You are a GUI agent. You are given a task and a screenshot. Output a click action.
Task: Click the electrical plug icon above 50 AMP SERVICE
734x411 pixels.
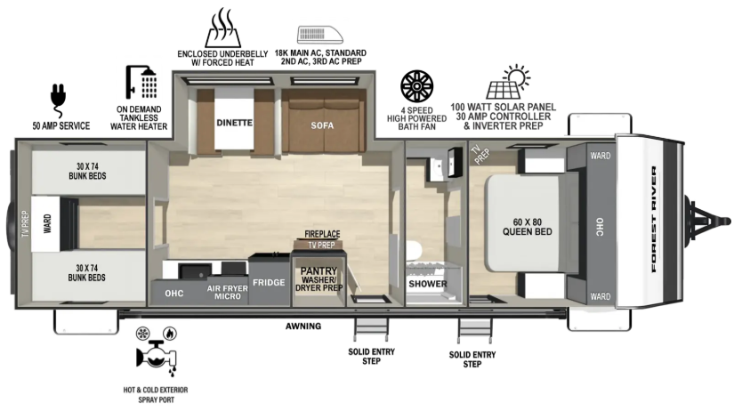[x=58, y=101]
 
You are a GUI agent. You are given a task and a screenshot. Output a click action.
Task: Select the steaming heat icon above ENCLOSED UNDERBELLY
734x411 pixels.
[x=222, y=28]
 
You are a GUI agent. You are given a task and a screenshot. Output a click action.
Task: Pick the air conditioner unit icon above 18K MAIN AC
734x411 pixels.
[x=319, y=35]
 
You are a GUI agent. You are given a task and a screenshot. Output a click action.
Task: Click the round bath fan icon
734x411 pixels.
[x=416, y=86]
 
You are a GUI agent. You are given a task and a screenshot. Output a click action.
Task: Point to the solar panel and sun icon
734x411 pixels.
[x=508, y=82]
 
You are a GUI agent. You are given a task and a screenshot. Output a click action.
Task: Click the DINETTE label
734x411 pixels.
[x=234, y=123]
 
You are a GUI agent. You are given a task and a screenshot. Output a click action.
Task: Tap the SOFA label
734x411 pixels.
[x=322, y=125]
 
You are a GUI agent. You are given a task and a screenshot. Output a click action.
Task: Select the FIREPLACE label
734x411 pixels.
[x=322, y=234]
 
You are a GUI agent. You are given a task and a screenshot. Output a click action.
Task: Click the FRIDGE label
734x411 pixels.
[x=269, y=282]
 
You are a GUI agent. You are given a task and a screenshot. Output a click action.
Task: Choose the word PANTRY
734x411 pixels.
[x=319, y=271]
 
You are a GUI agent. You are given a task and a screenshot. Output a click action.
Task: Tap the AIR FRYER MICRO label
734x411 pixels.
[x=228, y=293]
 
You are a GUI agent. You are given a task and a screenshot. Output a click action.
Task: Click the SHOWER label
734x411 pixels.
[x=428, y=284]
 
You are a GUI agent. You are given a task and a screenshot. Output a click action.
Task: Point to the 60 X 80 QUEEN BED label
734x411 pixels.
[x=527, y=227]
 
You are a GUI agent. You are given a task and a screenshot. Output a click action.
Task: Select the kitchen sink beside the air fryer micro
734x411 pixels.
[x=195, y=271]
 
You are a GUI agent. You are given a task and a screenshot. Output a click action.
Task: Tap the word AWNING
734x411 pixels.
[x=303, y=326]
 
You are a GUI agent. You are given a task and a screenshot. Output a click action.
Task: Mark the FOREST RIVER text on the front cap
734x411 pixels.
[x=654, y=219]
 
